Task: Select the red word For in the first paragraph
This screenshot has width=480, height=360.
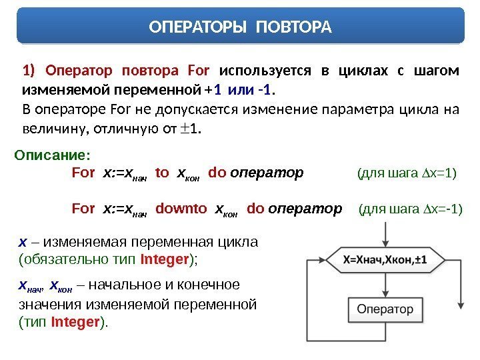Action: point(199,71)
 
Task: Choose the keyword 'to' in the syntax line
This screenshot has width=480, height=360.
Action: point(161,173)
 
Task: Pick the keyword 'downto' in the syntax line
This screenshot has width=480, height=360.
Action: point(181,210)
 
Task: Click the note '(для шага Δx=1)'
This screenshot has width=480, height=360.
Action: point(407,174)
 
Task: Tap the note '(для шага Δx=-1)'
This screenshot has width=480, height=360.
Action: point(410,211)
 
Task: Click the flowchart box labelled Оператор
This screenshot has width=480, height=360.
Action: point(385,309)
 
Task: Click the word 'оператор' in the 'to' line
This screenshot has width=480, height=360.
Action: point(267,173)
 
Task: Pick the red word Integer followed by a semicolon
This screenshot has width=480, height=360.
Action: point(166,257)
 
